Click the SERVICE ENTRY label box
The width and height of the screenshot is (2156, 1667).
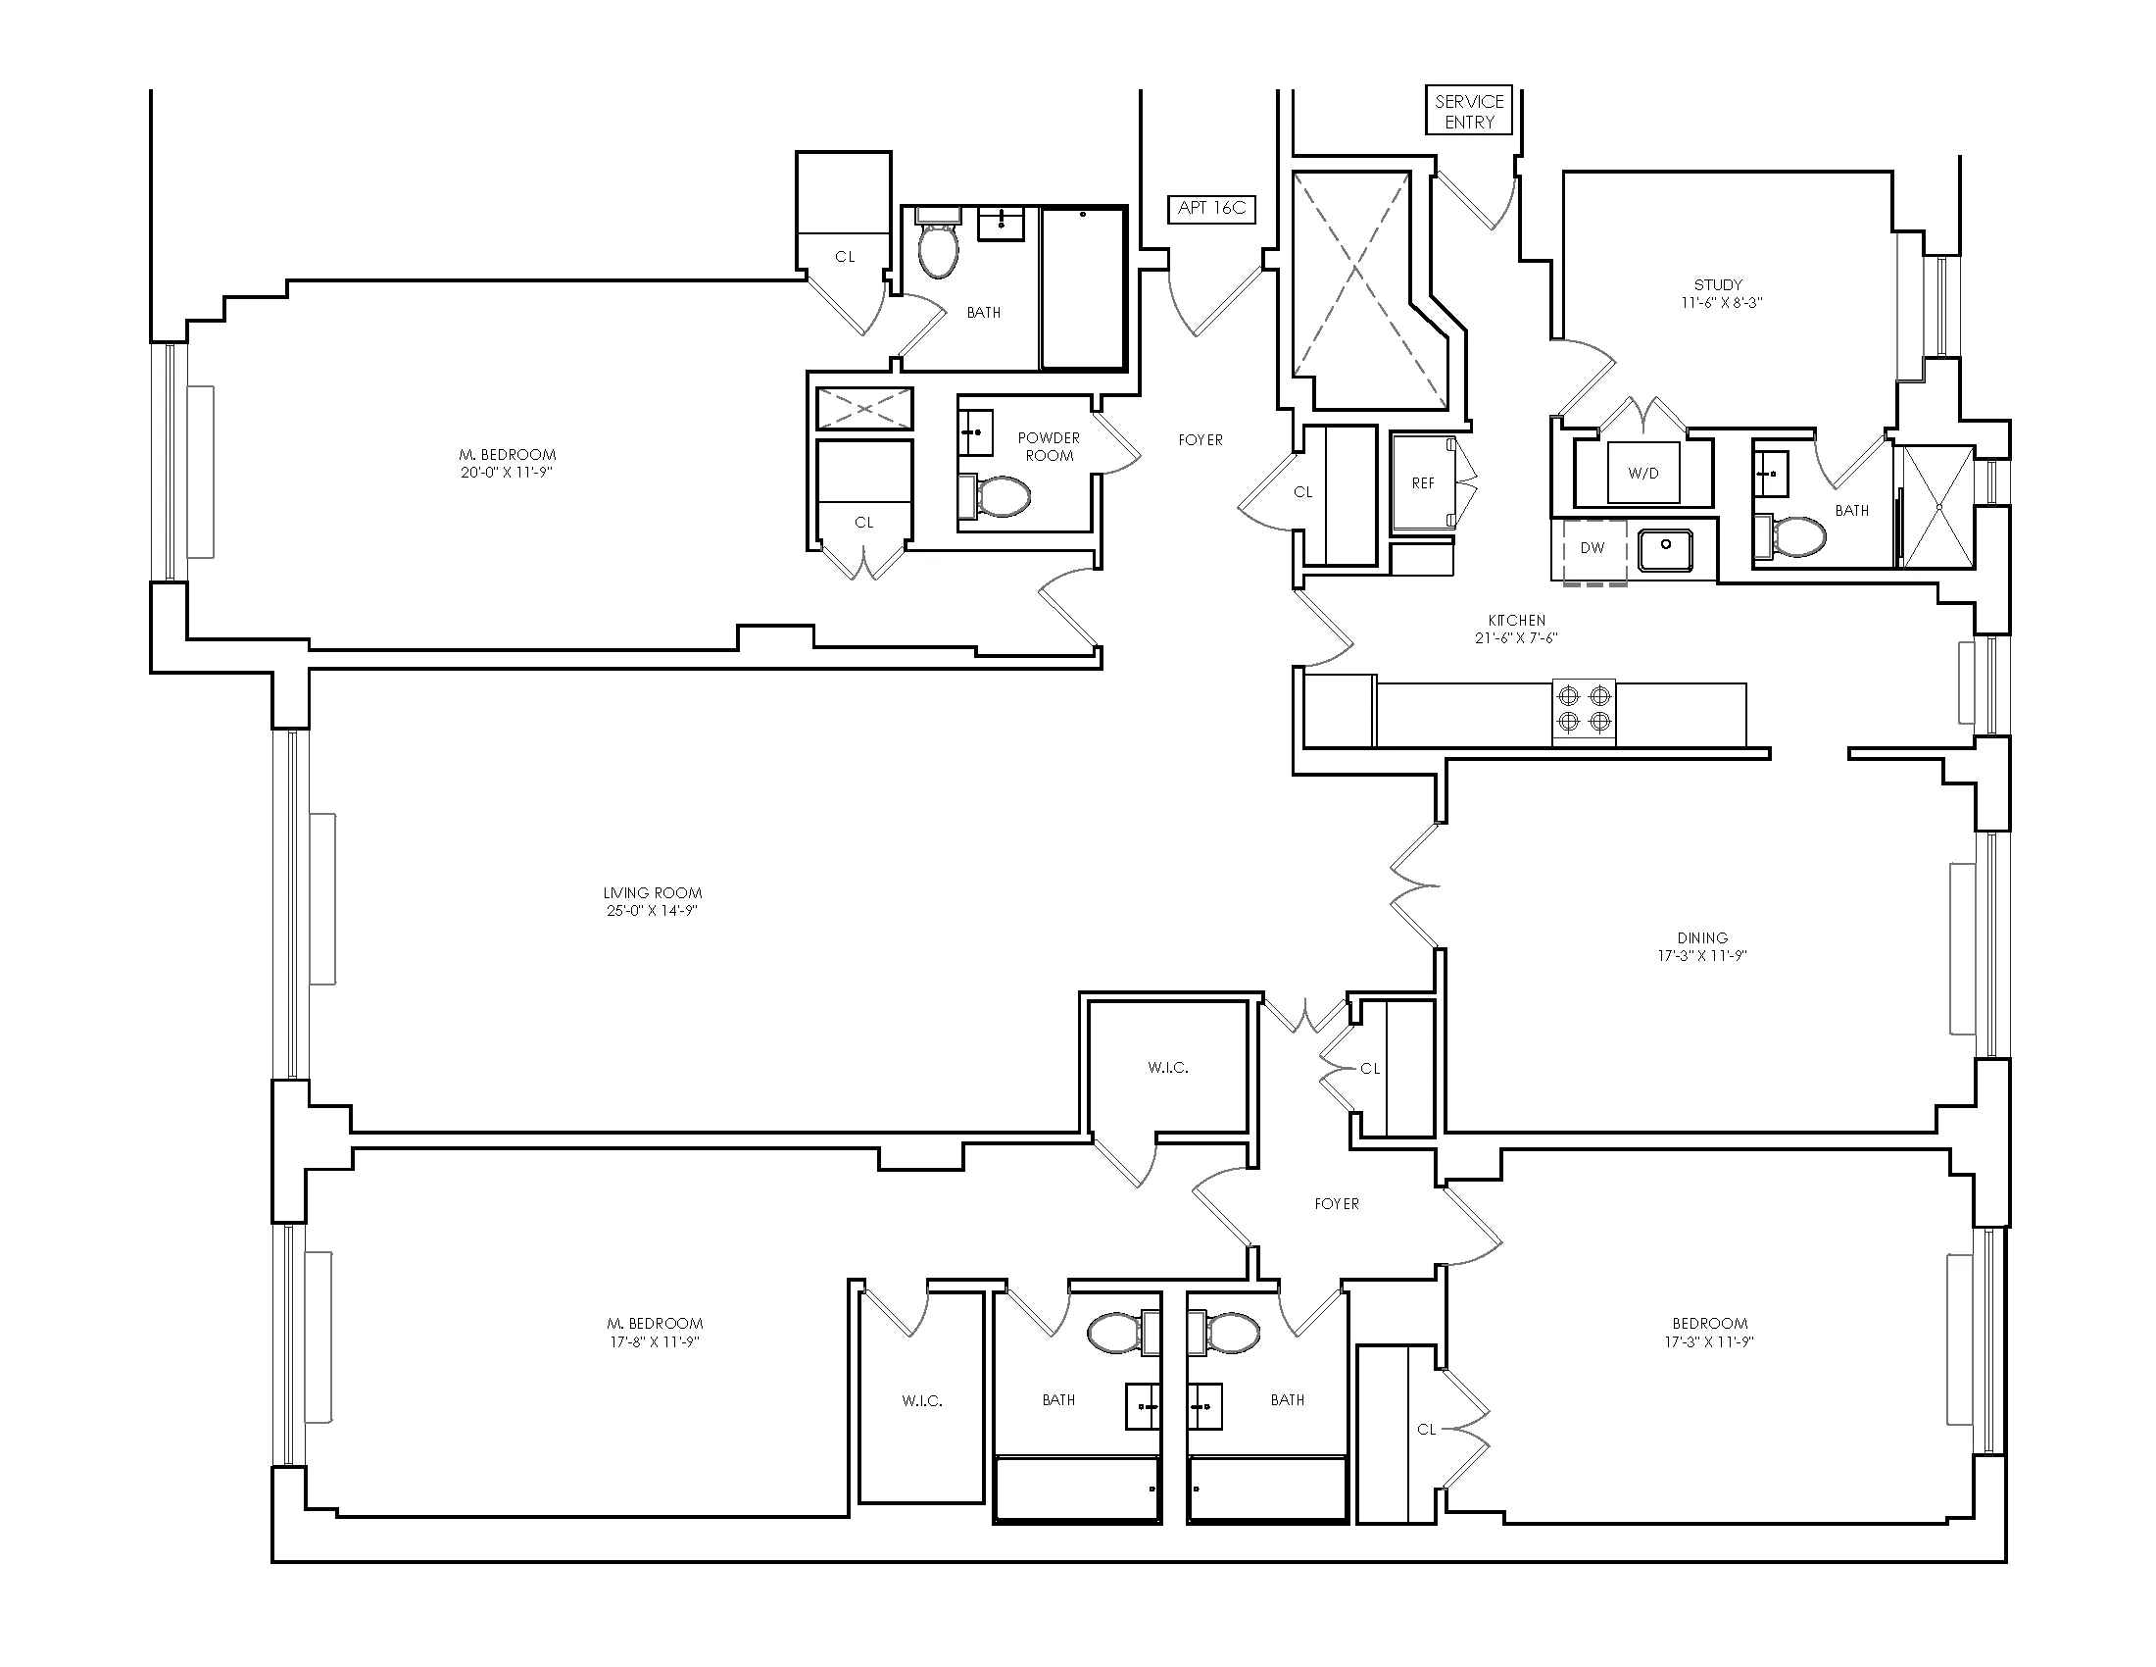coord(1469,111)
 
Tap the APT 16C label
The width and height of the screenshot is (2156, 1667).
coord(1211,208)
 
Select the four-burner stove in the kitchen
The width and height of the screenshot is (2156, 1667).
coord(1584,711)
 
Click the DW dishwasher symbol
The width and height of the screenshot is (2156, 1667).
coord(1592,548)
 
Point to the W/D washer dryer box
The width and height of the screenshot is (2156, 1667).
coord(1642,473)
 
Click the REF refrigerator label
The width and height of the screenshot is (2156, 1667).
coord(1423,482)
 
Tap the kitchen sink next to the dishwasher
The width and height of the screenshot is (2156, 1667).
coord(1665,549)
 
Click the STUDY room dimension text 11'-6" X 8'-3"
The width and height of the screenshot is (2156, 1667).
coord(1722,303)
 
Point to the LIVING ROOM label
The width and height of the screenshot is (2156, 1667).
coord(653,892)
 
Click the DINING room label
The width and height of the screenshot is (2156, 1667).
coord(1702,937)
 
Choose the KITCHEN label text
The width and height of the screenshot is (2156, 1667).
coord(1516,620)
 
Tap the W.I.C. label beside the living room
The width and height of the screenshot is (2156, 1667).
coord(1168,1068)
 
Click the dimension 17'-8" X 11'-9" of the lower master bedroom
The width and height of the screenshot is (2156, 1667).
coord(655,1342)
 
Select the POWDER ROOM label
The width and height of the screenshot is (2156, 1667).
coord(1049,446)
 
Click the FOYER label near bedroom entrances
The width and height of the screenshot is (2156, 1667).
coord(1337,1204)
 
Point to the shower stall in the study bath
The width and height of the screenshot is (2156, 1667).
coord(1936,507)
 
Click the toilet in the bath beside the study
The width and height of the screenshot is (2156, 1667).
coord(1790,536)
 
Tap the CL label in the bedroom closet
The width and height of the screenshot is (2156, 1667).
coord(1426,1429)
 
